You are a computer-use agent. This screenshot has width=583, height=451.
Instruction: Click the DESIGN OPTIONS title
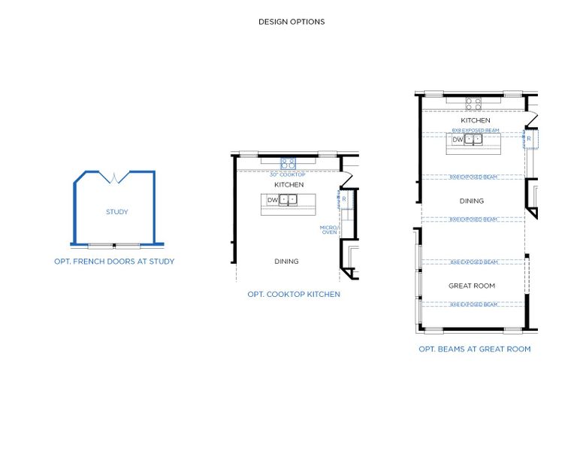tap(291, 22)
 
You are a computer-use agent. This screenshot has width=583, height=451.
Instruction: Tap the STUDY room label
tap(116, 212)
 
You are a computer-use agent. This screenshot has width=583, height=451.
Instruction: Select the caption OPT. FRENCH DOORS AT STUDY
tap(114, 262)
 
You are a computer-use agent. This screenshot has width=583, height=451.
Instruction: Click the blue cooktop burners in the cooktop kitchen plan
tap(288, 163)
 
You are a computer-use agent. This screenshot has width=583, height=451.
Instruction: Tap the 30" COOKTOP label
tap(288, 174)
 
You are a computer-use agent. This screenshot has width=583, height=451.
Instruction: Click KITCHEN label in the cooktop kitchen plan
tap(289, 185)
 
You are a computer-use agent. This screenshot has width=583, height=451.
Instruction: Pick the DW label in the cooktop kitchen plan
tap(272, 200)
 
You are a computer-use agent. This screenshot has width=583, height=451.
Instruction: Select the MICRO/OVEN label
tap(329, 229)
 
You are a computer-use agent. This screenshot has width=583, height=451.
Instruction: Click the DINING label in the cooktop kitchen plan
tap(286, 262)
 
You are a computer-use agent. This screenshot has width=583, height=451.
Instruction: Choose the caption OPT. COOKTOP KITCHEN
tap(294, 294)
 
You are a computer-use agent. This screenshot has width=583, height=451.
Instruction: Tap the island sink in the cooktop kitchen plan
tap(289, 200)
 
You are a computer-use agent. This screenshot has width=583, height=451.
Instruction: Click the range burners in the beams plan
tap(473, 103)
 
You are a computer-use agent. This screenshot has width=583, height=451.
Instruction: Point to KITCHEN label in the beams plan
tap(476, 120)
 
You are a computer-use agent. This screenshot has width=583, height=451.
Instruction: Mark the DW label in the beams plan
tap(458, 139)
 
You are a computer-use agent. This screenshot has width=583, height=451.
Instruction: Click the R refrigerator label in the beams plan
tap(529, 139)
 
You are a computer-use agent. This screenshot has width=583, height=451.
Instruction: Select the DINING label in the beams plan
tap(472, 201)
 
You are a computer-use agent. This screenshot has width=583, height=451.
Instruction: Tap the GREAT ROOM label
tap(472, 286)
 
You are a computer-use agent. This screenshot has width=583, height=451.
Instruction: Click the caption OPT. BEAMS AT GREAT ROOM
tap(475, 349)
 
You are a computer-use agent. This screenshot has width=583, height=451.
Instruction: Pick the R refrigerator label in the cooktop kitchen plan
tap(343, 199)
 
